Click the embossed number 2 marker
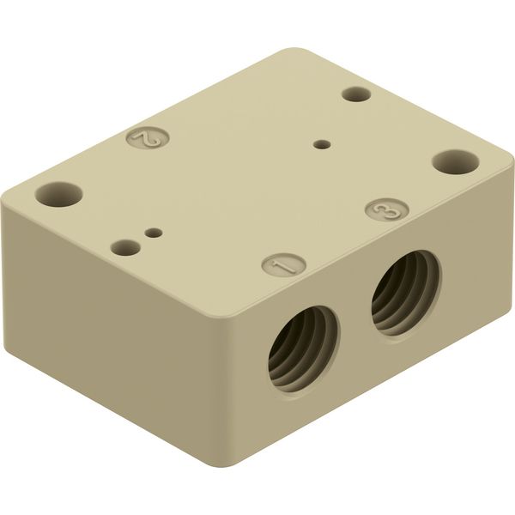(x=148, y=138)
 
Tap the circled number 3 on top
(x=387, y=211)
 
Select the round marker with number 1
(x=284, y=264)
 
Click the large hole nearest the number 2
(x=58, y=195)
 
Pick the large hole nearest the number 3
(x=455, y=161)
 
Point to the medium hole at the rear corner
(x=356, y=94)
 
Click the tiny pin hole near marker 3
(x=322, y=144)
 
